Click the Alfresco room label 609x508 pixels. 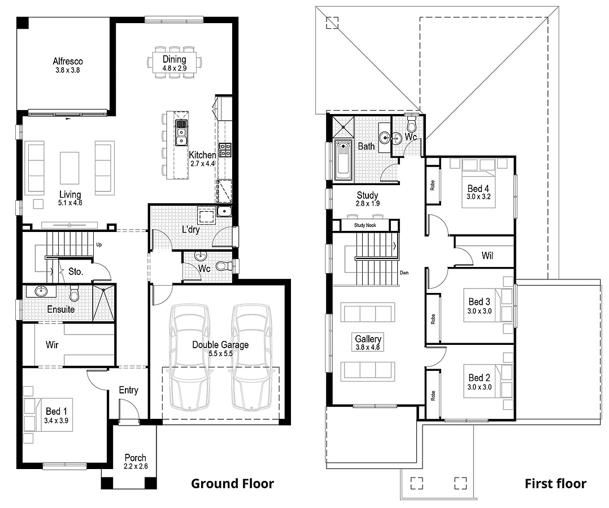68,61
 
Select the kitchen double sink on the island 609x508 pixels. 181,132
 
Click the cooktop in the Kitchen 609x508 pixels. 224,150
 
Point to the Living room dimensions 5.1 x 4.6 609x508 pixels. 70,203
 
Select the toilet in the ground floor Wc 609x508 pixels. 224,265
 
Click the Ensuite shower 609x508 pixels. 103,302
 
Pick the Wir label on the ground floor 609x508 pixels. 52,344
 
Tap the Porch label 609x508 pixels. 135,458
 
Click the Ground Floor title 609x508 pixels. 232,484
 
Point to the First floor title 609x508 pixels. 555,484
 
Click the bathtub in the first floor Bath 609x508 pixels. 343,160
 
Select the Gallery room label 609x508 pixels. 368,339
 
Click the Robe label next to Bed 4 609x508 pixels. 432,185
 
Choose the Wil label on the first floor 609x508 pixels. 487,256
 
